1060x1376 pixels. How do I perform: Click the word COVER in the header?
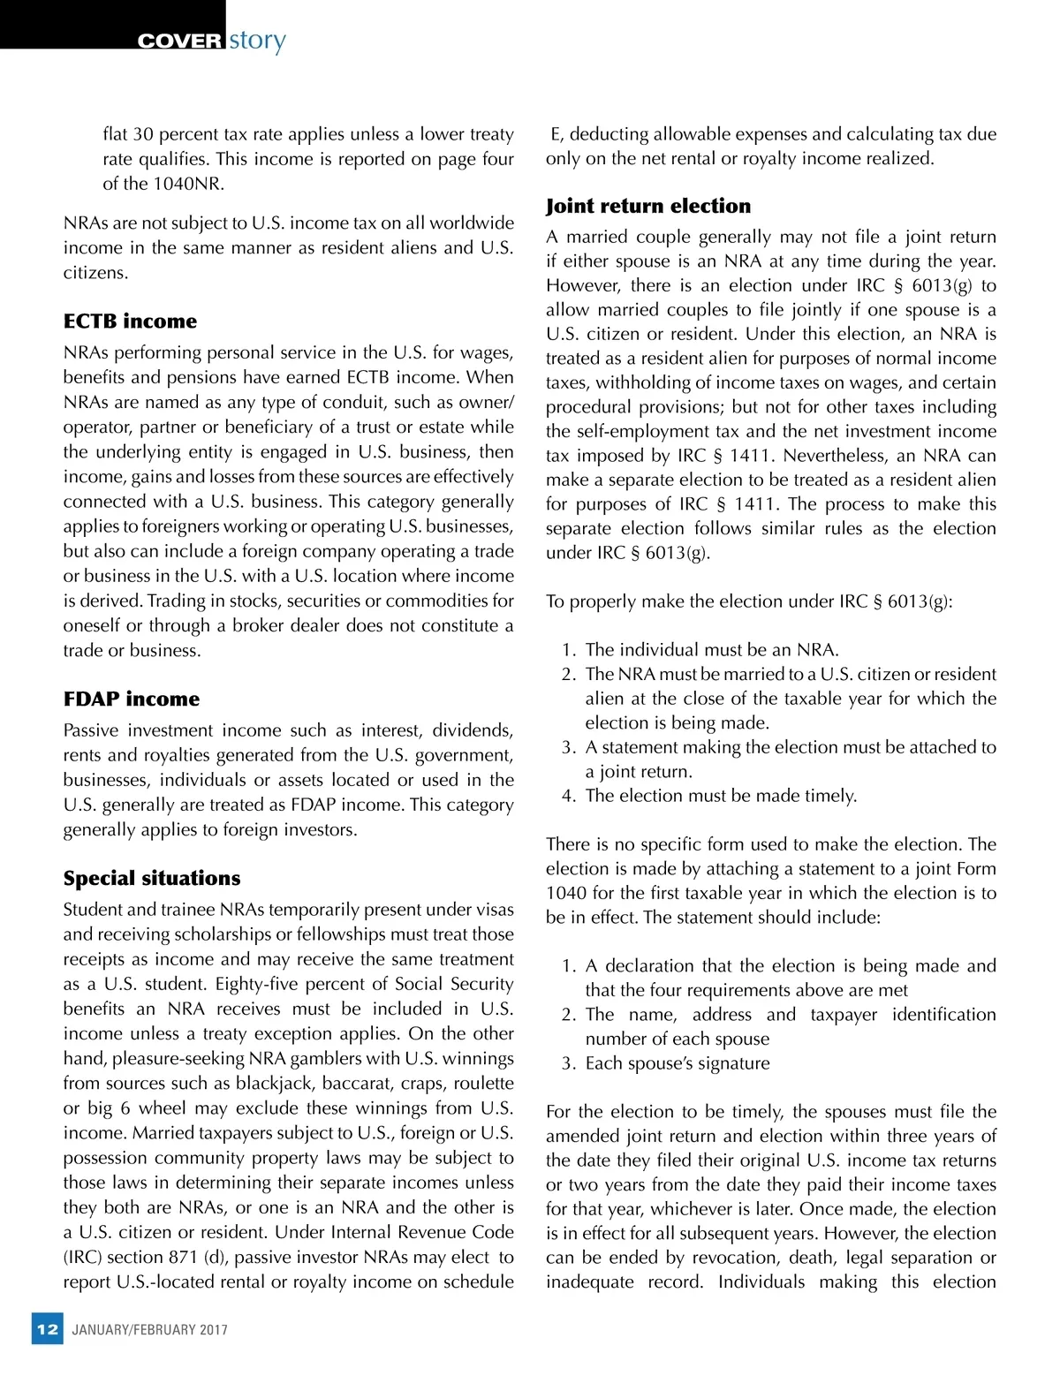180,42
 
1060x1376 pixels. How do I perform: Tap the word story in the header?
257,41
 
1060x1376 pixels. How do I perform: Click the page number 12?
48,1329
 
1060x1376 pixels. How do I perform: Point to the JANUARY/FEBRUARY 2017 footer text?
149,1330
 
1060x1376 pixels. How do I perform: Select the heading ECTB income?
130,321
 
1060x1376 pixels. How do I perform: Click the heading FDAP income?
131,699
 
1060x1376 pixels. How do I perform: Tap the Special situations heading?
151,878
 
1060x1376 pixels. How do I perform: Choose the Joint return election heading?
647,206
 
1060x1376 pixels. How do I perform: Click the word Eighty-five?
262,984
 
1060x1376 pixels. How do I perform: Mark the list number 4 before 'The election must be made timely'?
568,796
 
